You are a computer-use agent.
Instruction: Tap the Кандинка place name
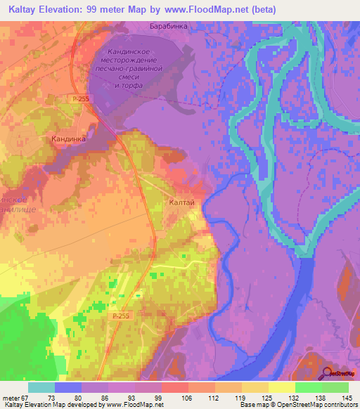(x=69, y=139)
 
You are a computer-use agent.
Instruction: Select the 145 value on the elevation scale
(x=347, y=397)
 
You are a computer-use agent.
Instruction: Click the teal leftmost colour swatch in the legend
(x=41, y=387)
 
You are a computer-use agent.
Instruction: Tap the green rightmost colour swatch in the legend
(x=335, y=387)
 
